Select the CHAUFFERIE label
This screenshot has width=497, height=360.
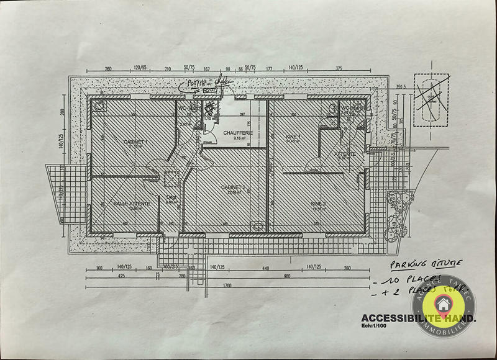click(229, 132)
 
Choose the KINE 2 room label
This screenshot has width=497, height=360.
click(319, 203)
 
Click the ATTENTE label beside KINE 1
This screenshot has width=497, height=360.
click(345, 153)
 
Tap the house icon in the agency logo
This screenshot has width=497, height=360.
click(444, 305)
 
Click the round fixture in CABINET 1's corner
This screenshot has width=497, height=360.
click(99, 106)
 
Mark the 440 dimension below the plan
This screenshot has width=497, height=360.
click(265, 268)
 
